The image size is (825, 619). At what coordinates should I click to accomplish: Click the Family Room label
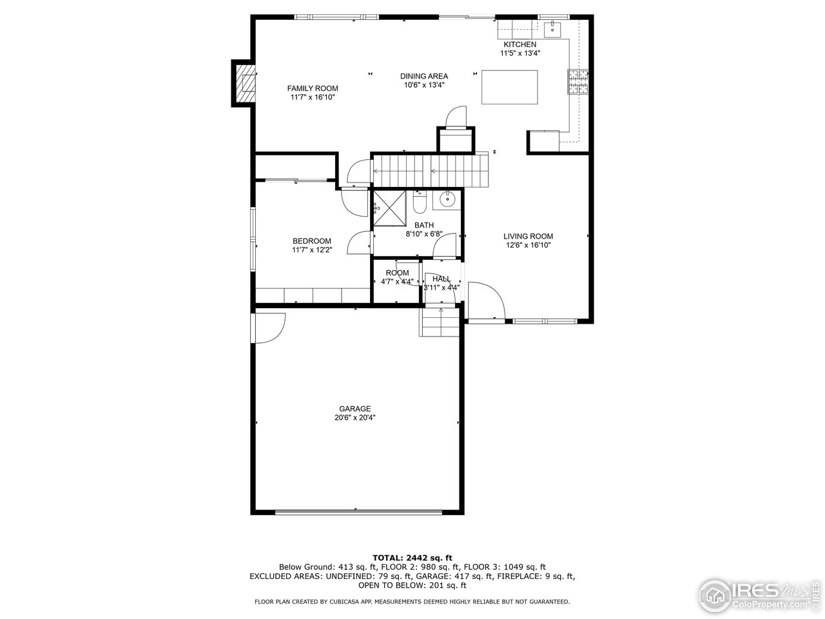[x=312, y=88]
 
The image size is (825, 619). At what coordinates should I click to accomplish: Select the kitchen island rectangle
[x=510, y=87]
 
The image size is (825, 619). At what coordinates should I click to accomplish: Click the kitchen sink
[x=552, y=29]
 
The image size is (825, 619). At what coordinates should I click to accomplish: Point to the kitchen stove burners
[x=578, y=82]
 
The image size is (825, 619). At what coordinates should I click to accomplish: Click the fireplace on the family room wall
[x=244, y=83]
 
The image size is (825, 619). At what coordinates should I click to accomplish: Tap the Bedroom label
[x=311, y=241]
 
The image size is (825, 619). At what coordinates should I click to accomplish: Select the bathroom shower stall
[x=389, y=209]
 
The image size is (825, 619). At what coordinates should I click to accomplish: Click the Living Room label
[x=528, y=236]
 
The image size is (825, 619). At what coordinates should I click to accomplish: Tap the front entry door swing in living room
[x=485, y=300]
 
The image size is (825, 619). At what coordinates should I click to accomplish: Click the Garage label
[x=354, y=409]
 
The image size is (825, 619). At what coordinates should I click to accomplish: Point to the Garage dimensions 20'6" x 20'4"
[x=354, y=418]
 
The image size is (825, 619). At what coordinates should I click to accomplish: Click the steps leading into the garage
[x=442, y=322]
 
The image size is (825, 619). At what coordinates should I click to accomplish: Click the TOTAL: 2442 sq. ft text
[x=412, y=557]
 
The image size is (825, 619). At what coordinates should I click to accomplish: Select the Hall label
[x=442, y=279]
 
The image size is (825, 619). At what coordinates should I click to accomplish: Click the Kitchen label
[x=519, y=44]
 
